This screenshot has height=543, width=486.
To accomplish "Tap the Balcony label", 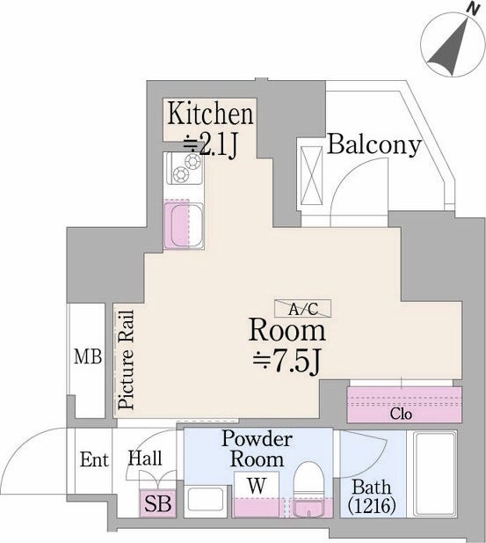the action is coord(374,144).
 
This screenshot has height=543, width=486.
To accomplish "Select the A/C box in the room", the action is coord(303,308).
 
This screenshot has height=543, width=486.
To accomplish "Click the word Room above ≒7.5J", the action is coord(287,331).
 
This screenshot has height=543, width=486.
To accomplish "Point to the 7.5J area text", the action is coord(287,363).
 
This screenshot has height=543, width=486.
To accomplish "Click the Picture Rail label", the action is coord(126,359).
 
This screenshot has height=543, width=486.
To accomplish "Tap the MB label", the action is coord(88,356).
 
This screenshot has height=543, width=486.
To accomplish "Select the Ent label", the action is coord(94,460).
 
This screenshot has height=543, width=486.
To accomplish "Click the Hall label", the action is coord(145,458).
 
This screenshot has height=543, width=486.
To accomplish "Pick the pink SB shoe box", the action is coord(158,504).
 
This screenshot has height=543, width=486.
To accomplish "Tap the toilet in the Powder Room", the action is coord(308,489).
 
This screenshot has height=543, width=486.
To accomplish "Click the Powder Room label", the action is coord(257,449).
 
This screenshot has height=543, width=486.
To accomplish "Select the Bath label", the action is coord(372,488).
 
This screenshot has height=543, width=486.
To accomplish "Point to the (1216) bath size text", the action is coord(372,505).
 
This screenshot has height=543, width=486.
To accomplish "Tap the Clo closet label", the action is coord(402,414).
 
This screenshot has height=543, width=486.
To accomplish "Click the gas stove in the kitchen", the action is coord(185,168).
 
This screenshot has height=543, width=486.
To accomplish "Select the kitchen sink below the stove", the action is coord(184,225).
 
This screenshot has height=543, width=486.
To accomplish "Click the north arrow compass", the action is coord(452,45).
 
